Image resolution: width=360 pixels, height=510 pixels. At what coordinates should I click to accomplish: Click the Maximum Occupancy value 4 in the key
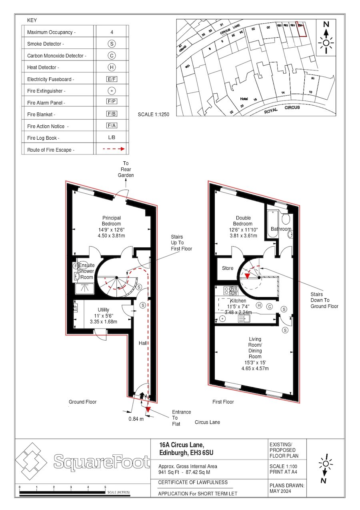point(112,32)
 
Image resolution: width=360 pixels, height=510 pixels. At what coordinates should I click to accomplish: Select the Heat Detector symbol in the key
point(112,67)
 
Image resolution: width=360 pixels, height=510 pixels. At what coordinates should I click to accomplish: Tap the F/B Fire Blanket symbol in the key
point(112,114)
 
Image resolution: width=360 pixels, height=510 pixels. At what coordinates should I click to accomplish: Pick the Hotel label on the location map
point(244,98)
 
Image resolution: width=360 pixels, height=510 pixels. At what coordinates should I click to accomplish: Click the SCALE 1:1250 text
point(154,114)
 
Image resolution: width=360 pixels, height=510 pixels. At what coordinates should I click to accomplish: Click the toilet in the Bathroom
point(286,219)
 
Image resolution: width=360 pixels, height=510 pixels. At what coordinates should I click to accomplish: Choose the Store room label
point(228,268)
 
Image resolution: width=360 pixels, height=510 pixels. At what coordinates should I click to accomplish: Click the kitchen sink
point(244,319)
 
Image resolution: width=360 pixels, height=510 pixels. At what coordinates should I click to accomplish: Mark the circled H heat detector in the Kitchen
point(259,306)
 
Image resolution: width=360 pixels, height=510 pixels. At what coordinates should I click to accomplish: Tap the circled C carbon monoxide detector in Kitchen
point(270,307)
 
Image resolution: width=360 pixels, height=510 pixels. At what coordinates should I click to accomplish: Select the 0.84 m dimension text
point(136,419)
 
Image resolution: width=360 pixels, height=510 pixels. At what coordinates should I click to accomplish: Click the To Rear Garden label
point(126,169)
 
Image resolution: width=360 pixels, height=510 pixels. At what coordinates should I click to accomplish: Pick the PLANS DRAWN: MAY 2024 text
point(287,488)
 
